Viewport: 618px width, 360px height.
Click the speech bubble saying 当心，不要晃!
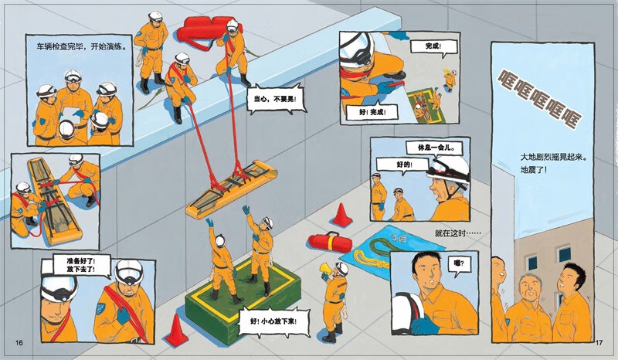(276, 99)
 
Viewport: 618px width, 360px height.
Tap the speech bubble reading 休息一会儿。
(434, 148)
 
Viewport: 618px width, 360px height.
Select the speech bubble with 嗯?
(459, 264)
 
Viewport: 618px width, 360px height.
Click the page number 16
(19, 342)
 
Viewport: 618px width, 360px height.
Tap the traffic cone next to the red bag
(341, 216)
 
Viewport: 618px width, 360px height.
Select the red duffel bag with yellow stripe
(330, 242)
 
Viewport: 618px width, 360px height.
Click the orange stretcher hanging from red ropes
(231, 188)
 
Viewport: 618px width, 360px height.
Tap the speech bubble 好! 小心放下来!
(273, 321)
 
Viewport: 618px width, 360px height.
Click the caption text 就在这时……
(457, 233)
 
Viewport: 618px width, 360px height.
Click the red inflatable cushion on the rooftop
(205, 29)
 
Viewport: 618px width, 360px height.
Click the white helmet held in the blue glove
(407, 312)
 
